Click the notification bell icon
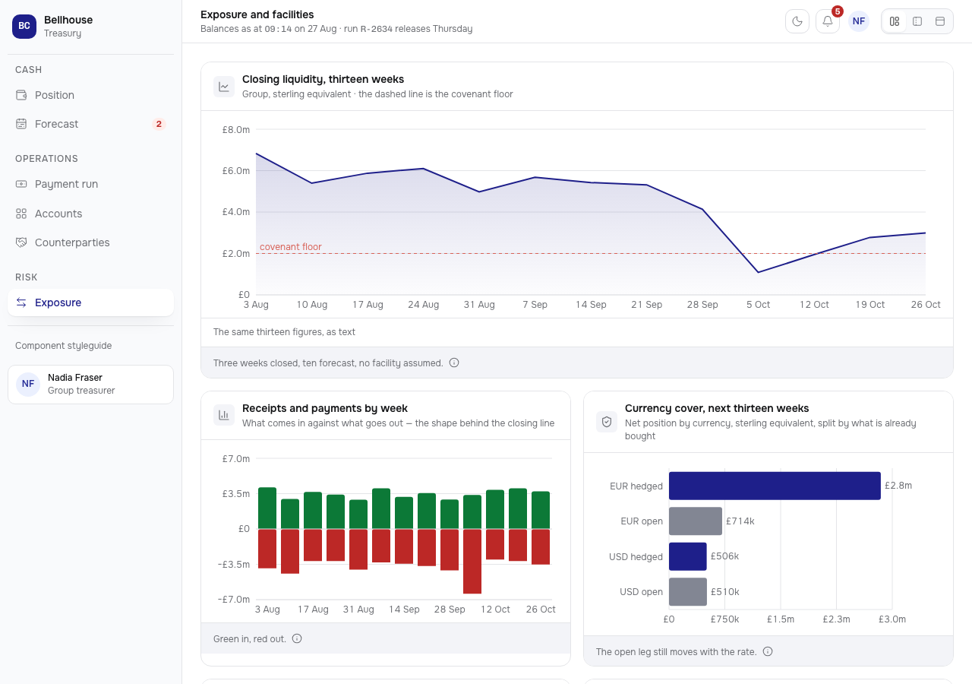click(x=827, y=21)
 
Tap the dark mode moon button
click(x=797, y=21)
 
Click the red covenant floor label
click(x=291, y=247)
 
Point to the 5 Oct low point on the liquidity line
click(x=758, y=272)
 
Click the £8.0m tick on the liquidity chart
click(x=235, y=129)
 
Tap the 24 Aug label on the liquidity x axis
click(x=423, y=305)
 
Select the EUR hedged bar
click(x=775, y=486)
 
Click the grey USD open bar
click(x=688, y=591)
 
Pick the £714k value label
click(x=740, y=521)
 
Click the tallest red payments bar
click(x=472, y=561)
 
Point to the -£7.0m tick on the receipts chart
click(x=234, y=600)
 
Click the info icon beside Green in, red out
click(x=297, y=638)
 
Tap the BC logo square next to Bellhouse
click(x=24, y=26)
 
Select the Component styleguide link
click(x=63, y=346)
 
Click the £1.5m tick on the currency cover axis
click(x=780, y=619)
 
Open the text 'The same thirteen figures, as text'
click(x=284, y=332)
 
